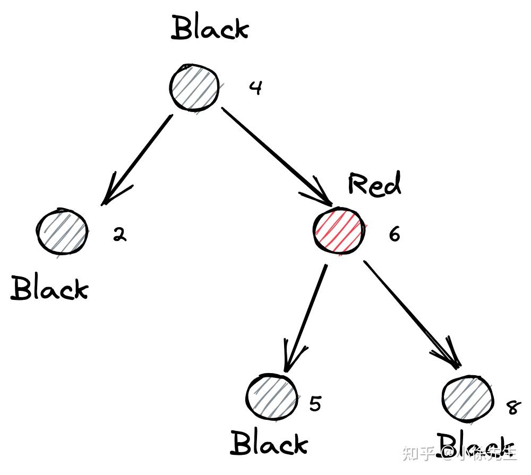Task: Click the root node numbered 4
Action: click(194, 88)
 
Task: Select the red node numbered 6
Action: click(338, 232)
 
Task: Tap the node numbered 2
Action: click(62, 232)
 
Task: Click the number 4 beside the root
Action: click(256, 88)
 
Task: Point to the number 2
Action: click(120, 234)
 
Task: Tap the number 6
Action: click(394, 234)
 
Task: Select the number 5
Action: click(315, 404)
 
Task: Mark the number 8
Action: click(513, 408)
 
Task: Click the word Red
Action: click(374, 185)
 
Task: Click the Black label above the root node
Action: click(210, 29)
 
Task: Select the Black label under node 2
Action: click(49, 289)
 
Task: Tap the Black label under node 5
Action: click(269, 444)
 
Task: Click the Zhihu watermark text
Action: click(460, 454)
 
